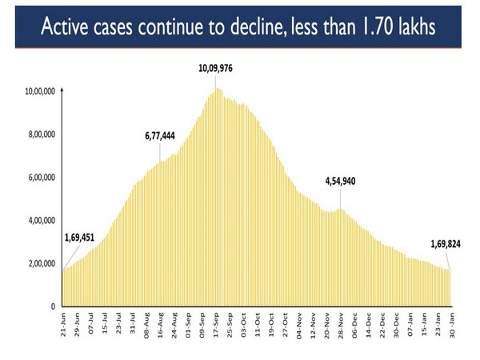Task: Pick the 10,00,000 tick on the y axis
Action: pyautogui.click(x=39, y=92)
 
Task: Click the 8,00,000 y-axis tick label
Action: pyautogui.click(x=41, y=135)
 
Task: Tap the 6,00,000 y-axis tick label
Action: pyautogui.click(x=41, y=178)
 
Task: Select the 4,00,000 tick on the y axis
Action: pyautogui.click(x=41, y=221)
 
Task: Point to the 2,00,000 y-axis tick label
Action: pyautogui.click(x=41, y=264)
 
